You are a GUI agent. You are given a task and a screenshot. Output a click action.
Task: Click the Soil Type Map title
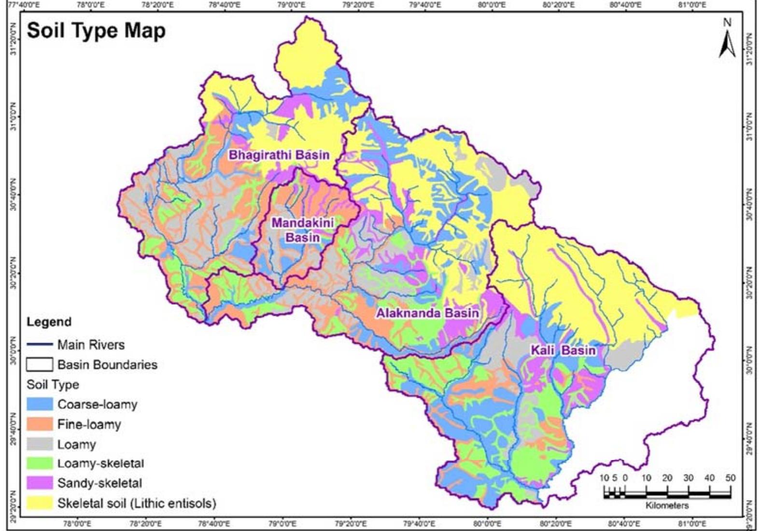click(x=96, y=30)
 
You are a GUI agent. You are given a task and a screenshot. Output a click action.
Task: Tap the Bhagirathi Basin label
click(x=279, y=155)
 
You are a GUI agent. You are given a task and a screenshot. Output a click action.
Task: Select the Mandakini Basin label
click(x=302, y=230)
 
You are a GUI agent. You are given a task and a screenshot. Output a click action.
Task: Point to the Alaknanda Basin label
click(x=427, y=313)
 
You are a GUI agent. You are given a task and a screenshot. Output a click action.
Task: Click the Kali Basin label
click(x=563, y=350)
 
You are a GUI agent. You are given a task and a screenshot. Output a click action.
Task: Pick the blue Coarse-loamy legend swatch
click(x=40, y=404)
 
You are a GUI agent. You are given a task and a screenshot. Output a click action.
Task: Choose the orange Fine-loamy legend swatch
click(x=40, y=424)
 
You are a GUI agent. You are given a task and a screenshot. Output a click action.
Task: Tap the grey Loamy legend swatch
click(x=40, y=444)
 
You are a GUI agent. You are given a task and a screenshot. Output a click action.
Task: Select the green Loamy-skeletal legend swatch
click(x=40, y=463)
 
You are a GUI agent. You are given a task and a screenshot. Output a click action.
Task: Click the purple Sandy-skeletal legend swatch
click(x=40, y=483)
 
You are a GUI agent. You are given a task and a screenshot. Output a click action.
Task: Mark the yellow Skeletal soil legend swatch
click(x=40, y=503)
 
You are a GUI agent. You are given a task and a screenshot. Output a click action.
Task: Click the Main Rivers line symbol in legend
click(x=40, y=345)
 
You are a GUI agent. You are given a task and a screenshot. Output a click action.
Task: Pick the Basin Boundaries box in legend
click(x=40, y=364)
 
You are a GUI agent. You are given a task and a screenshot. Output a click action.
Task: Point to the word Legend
click(x=49, y=322)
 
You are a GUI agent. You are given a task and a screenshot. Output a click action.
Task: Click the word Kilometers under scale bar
click(x=667, y=505)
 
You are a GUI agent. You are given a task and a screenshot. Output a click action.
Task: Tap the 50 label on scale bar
click(x=730, y=478)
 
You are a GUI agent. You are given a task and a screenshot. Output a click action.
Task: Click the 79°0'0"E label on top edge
click(x=290, y=5)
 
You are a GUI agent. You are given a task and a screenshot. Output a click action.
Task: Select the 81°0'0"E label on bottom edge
click(x=691, y=523)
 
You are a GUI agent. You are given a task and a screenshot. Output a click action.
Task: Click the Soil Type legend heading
click(x=53, y=384)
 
